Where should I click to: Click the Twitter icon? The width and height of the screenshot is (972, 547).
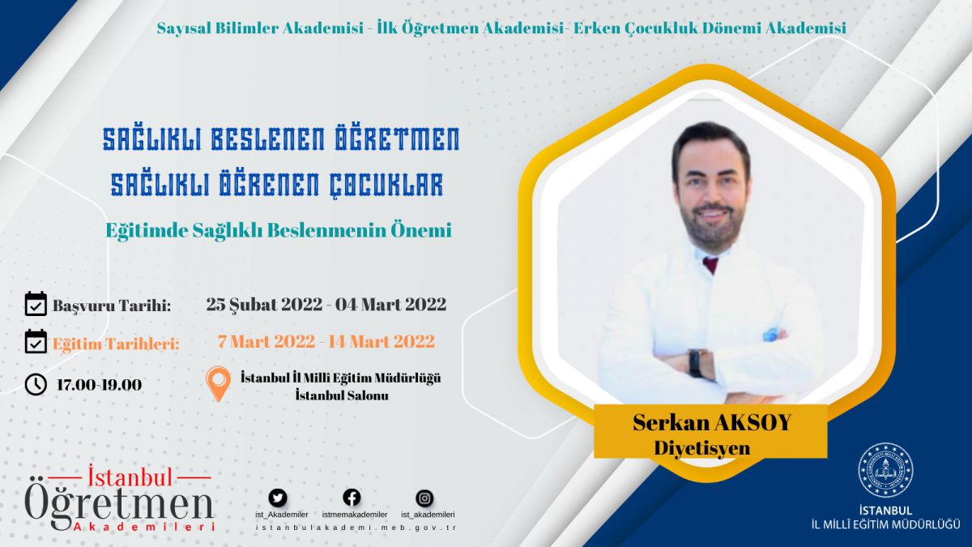pos(278,498)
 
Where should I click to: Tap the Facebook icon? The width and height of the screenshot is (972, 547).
pos(352,498)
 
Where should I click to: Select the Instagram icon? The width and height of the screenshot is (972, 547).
pos(424,498)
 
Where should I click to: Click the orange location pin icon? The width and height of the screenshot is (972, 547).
pos(218,383)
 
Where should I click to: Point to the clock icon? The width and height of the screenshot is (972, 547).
pos(36,385)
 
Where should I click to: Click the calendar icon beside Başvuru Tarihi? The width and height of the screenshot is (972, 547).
pos(36,303)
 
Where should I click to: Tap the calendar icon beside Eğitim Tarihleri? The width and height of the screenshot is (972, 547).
pos(36,341)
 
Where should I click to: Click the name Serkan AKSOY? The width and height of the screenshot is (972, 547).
pos(712,422)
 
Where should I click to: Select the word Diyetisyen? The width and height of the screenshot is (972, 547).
pos(702,447)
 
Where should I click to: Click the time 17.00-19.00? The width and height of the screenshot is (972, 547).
pos(100,385)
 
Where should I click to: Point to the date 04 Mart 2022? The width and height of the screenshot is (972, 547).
pos(390,305)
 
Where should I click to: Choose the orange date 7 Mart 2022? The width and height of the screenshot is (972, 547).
pos(266,342)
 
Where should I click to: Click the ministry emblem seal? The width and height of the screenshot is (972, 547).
pos(885,470)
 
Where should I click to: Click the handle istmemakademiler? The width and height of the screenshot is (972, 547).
pos(355,515)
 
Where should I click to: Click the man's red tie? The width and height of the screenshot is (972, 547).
pos(710,264)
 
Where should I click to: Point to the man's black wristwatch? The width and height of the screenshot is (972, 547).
pos(696,364)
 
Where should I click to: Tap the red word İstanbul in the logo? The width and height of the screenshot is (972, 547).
pos(130,477)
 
